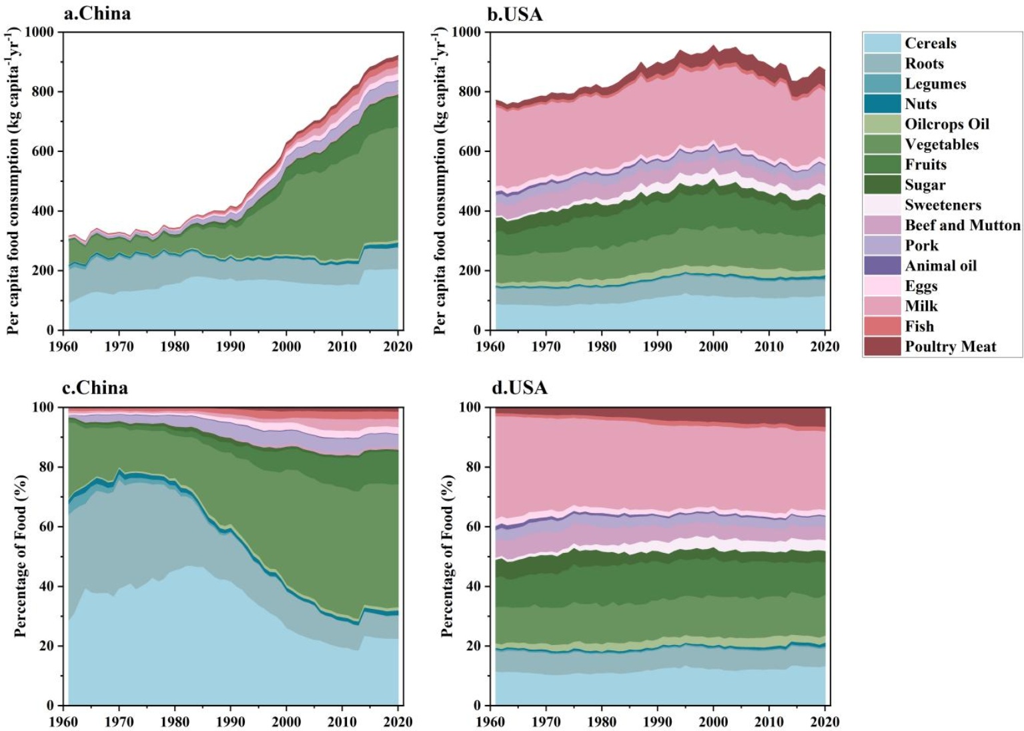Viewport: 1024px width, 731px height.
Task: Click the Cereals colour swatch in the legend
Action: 882,43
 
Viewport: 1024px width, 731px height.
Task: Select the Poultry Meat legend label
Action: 950,347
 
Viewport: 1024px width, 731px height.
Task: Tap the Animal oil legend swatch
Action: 882,266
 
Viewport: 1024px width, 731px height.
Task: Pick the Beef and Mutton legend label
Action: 962,225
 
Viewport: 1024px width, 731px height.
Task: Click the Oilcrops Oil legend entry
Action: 947,124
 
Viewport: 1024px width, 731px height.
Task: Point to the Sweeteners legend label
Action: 943,205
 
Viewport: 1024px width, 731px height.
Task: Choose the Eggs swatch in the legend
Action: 882,286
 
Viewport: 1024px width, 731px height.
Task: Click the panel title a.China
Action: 97,13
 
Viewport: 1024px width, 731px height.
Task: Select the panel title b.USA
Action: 515,14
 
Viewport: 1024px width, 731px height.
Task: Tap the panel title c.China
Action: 95,388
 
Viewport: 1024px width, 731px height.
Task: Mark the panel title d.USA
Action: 519,388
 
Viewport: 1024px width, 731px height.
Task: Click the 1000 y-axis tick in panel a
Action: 39,32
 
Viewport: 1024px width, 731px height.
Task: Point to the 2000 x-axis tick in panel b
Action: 713,347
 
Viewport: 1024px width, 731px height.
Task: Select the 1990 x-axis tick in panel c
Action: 231,722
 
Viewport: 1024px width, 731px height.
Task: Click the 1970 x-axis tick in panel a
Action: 119,347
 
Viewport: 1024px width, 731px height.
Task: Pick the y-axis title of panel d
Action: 447,556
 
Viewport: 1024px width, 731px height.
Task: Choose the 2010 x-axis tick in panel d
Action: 769,722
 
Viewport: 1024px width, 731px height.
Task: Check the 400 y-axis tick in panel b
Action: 466,211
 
